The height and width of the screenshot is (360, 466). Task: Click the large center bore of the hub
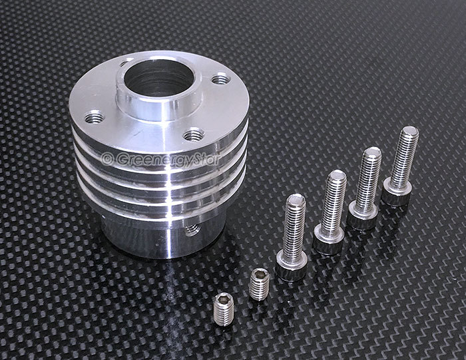point(159,78)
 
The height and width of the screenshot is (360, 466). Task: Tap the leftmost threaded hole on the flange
point(95,117)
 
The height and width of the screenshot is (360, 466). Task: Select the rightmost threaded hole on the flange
point(222,79)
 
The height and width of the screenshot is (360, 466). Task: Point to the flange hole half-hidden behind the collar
point(126,62)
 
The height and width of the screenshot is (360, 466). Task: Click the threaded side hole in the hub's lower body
point(192,230)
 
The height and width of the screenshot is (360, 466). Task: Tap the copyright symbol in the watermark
point(107,159)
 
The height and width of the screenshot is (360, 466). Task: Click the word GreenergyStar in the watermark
point(168,160)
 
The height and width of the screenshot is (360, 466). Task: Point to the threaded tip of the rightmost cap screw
point(409,132)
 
